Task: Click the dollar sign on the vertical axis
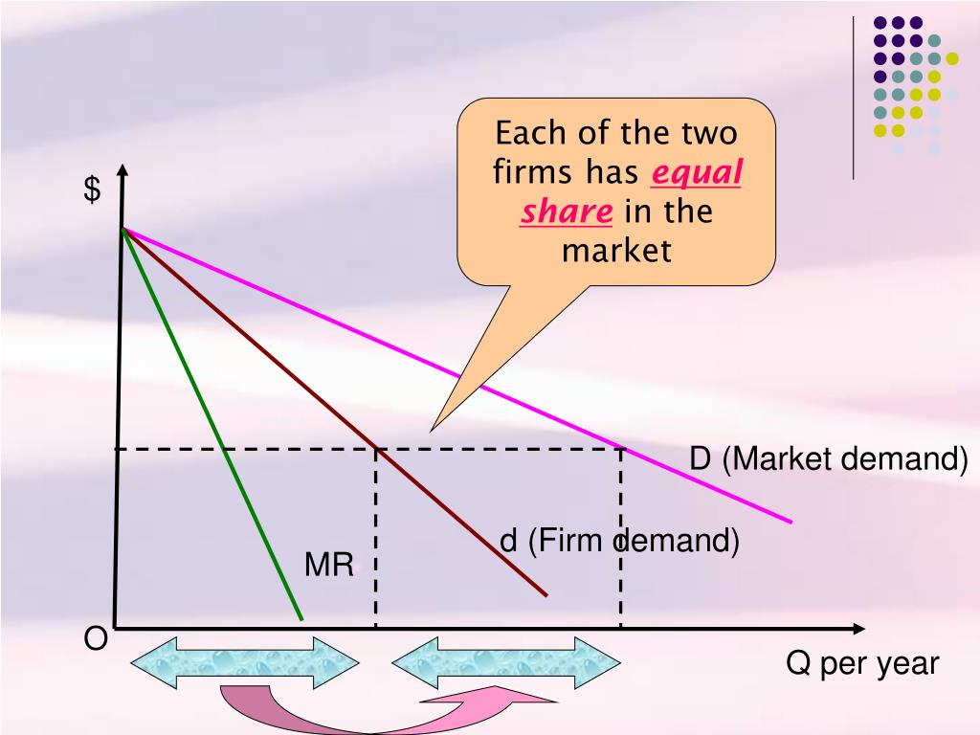[x=92, y=190]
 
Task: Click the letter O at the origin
[x=96, y=639]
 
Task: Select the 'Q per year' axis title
[x=862, y=663]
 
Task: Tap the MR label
[x=329, y=566]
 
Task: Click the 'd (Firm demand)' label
[x=620, y=542]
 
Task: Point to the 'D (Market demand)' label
[x=829, y=459]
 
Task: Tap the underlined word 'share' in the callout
[x=567, y=212]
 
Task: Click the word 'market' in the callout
[x=616, y=251]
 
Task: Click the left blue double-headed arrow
[x=244, y=662]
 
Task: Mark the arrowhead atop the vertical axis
[x=122, y=173]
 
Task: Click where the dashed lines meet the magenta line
[x=621, y=448]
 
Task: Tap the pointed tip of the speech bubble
[x=433, y=430]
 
